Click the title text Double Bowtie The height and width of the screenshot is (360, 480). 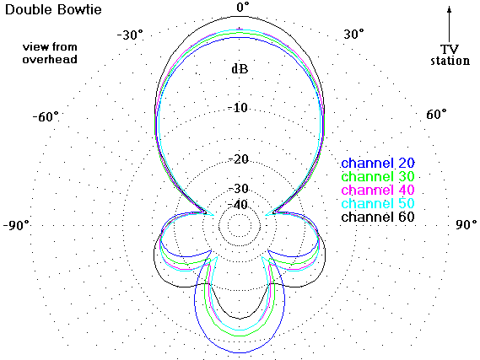pos(53,9)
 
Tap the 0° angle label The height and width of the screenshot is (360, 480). pos(243,7)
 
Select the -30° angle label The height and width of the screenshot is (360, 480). pos(130,35)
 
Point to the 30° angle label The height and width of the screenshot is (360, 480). pos(353,34)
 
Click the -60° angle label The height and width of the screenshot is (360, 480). pos(46,116)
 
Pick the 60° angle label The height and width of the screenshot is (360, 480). pos(436,115)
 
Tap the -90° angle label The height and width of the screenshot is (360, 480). pos(16,225)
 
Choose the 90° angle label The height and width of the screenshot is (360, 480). pos(467,224)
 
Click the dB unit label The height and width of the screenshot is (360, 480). pos(240,69)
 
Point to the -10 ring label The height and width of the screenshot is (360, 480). pos(238,108)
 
